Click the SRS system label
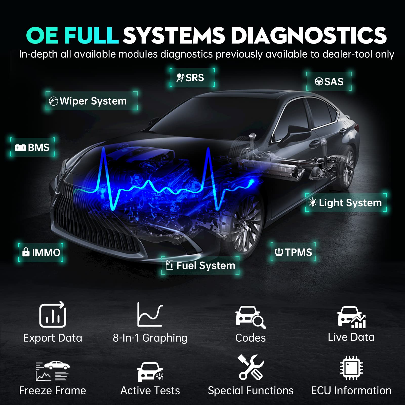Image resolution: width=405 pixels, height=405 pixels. coord(192,78)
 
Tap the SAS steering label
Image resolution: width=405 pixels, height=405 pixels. coord(329,82)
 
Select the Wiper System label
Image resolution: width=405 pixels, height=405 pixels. coord(91,101)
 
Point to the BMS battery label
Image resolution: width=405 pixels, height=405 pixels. coord(32,147)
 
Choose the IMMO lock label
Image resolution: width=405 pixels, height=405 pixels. coord(40,252)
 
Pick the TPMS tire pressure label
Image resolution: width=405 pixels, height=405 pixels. coord(293,252)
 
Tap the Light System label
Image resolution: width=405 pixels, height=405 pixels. coord(346,202)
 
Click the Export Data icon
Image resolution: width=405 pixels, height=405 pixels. coord(53,315)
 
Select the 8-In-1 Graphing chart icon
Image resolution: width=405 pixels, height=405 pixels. coord(150,315)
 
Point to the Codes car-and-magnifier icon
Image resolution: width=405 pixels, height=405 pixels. coord(250,317)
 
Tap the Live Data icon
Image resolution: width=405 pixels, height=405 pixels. coord(351,317)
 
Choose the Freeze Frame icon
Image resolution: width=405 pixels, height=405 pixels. coord(52,371)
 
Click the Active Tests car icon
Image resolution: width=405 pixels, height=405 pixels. coord(150,371)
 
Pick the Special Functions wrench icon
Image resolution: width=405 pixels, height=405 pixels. coord(251,367)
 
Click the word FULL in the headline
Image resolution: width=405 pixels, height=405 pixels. coord(91,35)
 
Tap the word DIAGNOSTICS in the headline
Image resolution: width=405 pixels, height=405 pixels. coord(309,35)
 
